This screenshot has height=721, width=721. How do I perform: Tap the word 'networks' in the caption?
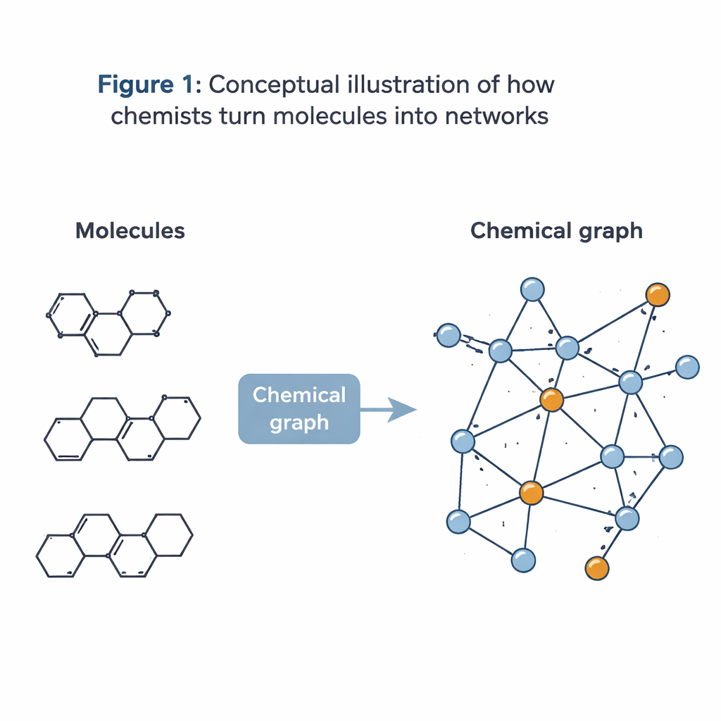pos(496,115)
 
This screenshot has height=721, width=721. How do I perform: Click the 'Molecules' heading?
pos(130,230)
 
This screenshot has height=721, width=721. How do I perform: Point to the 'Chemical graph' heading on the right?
pos(556,230)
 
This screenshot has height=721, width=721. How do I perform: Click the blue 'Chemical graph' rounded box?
pos(299,408)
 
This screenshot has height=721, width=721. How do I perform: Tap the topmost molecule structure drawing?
pos(109,323)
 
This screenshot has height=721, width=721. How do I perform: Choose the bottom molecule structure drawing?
pos(115,546)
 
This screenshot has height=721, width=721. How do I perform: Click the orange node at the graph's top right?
pos(658,294)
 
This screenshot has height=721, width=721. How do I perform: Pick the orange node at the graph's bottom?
pos(596,568)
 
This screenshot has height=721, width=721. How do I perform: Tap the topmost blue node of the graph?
pos(532,289)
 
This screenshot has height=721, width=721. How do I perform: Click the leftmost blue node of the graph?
pos(449,335)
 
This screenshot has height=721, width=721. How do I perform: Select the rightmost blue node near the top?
pos(687,367)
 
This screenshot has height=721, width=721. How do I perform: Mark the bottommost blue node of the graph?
pos(522,560)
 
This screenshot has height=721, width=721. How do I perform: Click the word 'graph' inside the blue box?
pos(299,422)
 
